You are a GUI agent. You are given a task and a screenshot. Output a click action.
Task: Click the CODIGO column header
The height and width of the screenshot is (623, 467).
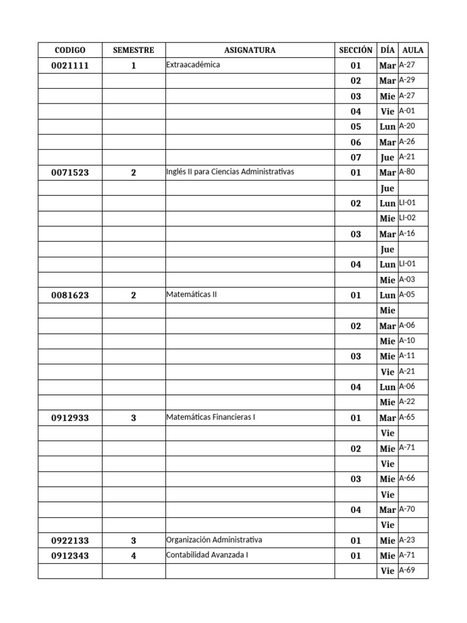tap(70, 50)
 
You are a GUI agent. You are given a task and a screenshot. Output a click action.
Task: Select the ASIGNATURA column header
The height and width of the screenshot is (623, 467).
tap(249, 50)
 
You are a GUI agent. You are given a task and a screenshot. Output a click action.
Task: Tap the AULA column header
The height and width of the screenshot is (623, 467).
tap(413, 50)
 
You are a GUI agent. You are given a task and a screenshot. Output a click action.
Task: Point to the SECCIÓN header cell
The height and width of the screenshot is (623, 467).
tap(355, 50)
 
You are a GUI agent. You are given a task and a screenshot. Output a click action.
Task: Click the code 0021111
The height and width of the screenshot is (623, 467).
tap(70, 66)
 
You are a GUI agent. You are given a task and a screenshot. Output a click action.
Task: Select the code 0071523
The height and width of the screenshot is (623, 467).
tap(70, 173)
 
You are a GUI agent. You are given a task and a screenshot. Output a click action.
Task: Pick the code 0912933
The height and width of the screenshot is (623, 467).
tap(70, 418)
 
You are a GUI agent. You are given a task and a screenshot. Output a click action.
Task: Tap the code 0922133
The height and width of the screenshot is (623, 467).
tap(70, 540)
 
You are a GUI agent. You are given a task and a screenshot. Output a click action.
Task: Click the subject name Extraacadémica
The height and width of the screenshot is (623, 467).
tap(193, 64)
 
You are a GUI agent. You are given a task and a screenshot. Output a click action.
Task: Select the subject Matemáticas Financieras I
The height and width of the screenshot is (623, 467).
tap(208, 417)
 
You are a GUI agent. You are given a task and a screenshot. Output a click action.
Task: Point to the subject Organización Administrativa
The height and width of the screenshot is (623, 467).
tap(213, 540)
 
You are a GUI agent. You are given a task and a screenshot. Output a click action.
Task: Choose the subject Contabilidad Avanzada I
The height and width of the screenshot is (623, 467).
tap(204, 555)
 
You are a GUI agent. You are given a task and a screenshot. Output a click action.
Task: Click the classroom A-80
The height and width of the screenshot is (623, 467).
tap(407, 172)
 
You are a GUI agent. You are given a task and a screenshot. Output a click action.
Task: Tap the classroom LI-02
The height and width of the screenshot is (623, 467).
tap(407, 217)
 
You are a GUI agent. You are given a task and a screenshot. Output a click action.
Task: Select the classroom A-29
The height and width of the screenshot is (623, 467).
tap(407, 80)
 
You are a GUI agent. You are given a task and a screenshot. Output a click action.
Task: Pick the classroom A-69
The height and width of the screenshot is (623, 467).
tap(407, 570)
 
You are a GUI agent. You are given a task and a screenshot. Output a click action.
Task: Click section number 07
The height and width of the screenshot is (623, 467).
tap(356, 158)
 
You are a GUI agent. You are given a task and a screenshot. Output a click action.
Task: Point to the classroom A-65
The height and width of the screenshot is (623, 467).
tap(407, 417)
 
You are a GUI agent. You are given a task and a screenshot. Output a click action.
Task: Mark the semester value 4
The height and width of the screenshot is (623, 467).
tap(134, 555)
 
